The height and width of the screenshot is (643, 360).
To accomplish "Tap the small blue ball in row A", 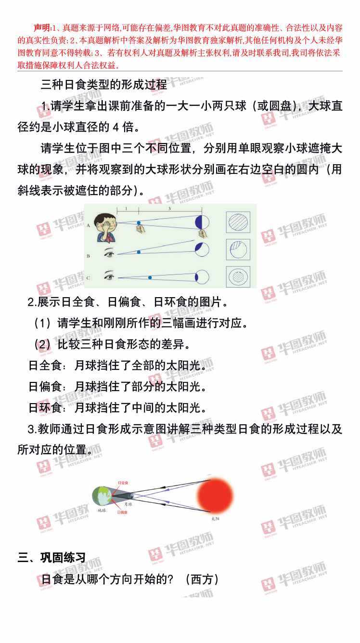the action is coord(139,223).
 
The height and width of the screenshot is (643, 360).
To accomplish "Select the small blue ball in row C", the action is coord(150,277).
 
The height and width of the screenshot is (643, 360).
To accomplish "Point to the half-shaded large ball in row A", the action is coord(202,222).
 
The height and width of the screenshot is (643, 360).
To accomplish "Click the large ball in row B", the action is coord(202,249).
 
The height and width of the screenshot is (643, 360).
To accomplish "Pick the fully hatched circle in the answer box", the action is coord(238,222).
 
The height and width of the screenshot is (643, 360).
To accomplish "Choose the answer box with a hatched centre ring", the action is coord(238,277).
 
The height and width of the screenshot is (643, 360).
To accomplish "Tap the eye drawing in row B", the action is coord(109,252).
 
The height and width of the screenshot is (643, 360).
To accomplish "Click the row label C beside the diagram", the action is coord(88,278).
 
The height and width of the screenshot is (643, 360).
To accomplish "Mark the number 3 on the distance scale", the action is coord(170,209).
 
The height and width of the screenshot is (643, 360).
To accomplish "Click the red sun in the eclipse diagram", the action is coord(215,496).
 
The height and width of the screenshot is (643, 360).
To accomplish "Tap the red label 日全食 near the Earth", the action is coord(123,483).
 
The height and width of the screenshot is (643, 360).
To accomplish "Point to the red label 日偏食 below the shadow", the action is coord(122,512).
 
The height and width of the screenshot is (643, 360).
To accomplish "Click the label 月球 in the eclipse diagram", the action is coord(128,504).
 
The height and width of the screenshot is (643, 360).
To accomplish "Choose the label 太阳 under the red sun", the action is coord(215,518).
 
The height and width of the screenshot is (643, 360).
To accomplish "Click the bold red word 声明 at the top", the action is coord(42,27).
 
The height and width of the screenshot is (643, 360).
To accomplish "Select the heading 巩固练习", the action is coord(63,558).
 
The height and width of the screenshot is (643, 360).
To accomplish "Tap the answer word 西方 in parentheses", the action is coord(202,579).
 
